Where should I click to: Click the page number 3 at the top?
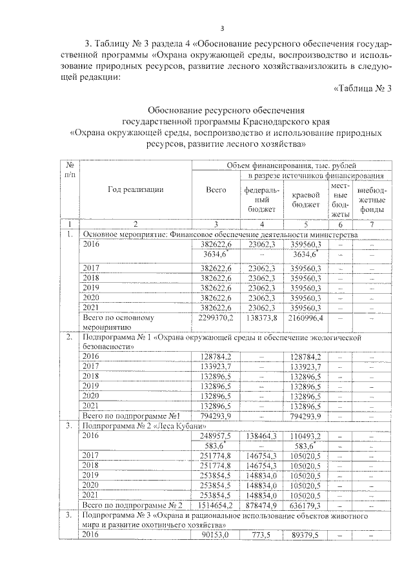(x=221, y=28)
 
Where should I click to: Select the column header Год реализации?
(x=136, y=189)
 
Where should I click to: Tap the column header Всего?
(x=216, y=190)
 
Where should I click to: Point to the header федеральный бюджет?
(x=261, y=200)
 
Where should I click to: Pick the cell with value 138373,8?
(x=263, y=318)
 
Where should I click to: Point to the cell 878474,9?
(x=263, y=505)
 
